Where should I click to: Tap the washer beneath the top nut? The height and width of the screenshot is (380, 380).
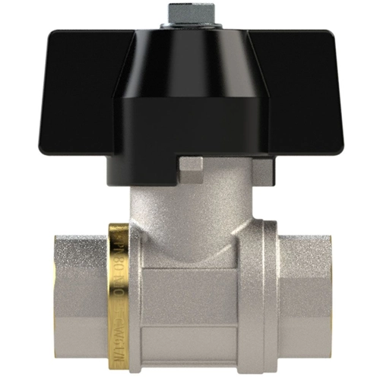189,27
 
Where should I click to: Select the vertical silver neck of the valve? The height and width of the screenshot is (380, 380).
190,205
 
